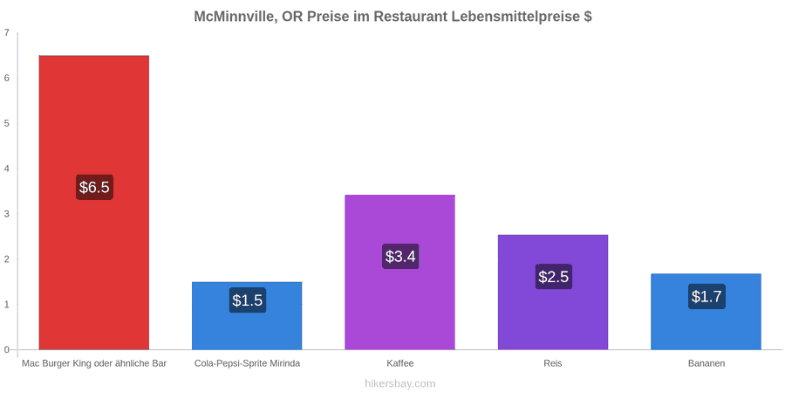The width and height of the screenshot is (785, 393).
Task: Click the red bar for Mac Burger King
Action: click(x=94, y=202)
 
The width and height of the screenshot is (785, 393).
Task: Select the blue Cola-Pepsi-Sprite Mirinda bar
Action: click(x=247, y=315)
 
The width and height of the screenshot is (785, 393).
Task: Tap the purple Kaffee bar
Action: click(x=400, y=272)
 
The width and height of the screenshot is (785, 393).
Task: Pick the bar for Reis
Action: click(x=553, y=292)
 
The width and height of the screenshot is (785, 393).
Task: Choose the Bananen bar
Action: click(x=706, y=311)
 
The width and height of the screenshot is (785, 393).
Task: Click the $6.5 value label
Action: click(x=94, y=188)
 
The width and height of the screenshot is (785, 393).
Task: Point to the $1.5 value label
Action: click(x=248, y=300)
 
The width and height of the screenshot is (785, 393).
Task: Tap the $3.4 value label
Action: click(x=400, y=256)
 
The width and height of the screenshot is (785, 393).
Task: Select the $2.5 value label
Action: click(x=554, y=276)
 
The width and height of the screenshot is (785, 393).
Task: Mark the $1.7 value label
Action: click(x=706, y=296)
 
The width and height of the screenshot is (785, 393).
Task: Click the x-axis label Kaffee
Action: click(x=400, y=363)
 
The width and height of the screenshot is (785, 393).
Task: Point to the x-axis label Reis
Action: click(x=553, y=363)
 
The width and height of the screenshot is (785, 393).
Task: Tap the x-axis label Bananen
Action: click(x=706, y=363)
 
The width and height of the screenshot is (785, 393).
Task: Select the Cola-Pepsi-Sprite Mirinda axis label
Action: click(x=248, y=363)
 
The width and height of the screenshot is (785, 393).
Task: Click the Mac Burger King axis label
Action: click(x=94, y=363)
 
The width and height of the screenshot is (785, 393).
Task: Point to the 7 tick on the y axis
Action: click(x=6, y=32)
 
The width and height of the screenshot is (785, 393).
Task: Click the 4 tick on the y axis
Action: click(x=6, y=169)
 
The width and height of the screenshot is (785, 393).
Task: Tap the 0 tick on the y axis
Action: click(x=6, y=349)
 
